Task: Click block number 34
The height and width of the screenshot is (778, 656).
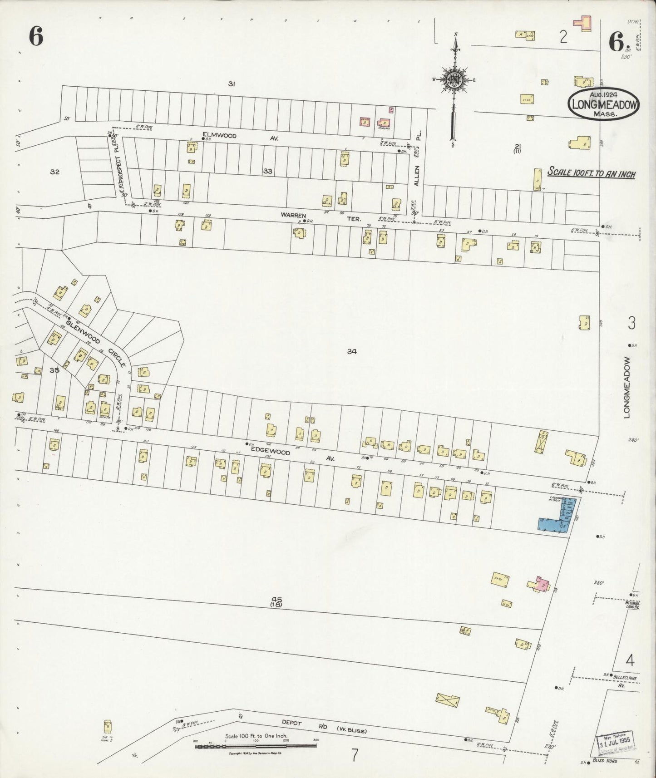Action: pos(351,351)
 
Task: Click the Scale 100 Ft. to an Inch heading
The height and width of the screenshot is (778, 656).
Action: pos(591,173)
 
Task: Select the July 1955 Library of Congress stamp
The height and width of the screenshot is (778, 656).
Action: pos(616,741)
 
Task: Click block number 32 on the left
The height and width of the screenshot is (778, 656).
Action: pos(55,172)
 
